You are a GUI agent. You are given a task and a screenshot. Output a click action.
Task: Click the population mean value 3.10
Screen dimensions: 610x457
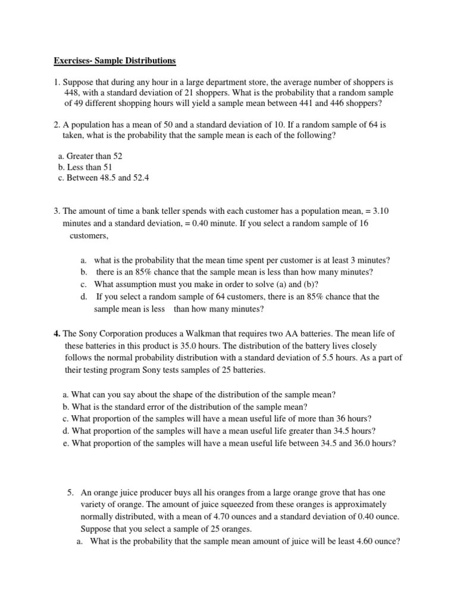(381, 211)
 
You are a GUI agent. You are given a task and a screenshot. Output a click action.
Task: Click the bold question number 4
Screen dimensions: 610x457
(56, 334)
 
